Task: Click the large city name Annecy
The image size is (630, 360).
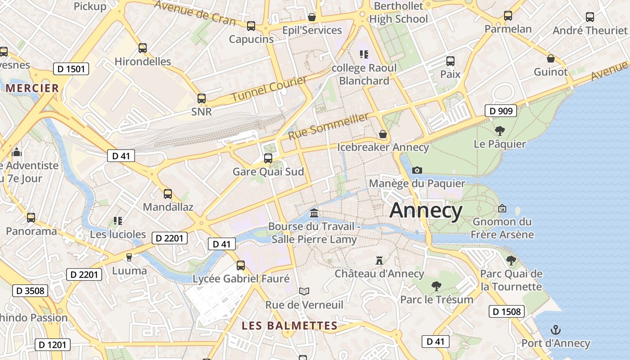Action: [x=426, y=211]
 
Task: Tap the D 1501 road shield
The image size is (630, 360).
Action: [x=71, y=69]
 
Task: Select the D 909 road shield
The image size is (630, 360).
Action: [x=501, y=111]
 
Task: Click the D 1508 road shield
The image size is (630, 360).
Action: [x=507, y=311]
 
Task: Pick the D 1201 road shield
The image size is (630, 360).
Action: [x=53, y=345]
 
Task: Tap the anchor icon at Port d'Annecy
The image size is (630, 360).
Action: [x=555, y=330]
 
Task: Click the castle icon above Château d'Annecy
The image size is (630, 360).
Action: [x=379, y=260]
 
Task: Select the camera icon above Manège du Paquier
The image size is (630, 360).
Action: [x=417, y=170]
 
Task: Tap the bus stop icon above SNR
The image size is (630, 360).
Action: [x=202, y=98]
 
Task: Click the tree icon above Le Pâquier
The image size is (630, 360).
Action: [x=499, y=131]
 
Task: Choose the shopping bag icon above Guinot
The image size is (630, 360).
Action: [x=551, y=58]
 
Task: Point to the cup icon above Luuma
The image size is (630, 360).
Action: [x=129, y=257]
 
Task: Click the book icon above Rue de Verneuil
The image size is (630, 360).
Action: [x=304, y=291]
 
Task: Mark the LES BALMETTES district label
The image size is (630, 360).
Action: [x=289, y=326]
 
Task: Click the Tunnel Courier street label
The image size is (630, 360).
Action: [x=269, y=88]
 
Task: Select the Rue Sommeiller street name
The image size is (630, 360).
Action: [x=328, y=126]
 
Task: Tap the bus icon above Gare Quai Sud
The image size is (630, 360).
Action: [x=268, y=158]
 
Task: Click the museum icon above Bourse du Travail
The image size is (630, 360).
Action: [x=314, y=212]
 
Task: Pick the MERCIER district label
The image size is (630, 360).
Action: [x=33, y=88]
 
